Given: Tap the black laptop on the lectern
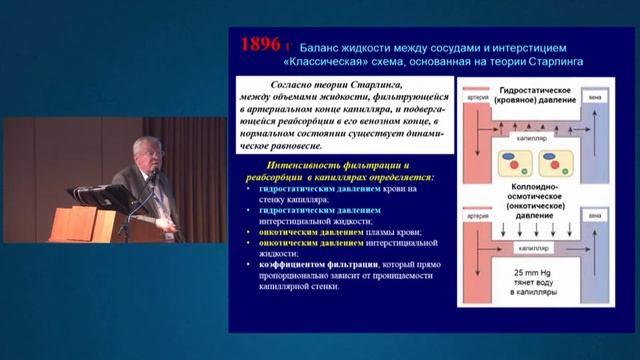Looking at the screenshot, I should (x=100, y=196).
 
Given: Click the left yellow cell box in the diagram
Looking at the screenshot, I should (x=506, y=163).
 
